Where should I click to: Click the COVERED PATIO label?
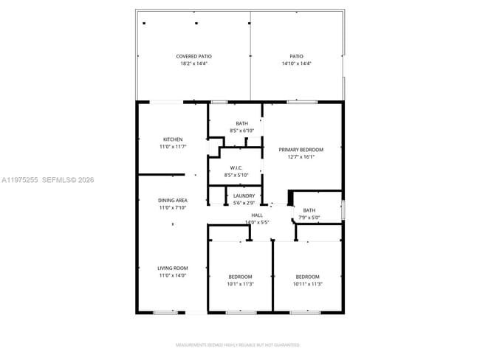[194, 56]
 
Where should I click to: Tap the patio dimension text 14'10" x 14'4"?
[296, 63]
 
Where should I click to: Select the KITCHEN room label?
[173, 139]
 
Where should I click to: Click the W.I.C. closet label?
[236, 167]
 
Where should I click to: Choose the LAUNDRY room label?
[244, 195]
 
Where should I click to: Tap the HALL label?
[257, 215]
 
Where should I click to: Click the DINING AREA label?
[172, 201]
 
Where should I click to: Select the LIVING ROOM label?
[172, 268]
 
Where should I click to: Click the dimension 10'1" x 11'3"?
[240, 284]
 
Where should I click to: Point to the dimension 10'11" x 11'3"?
[307, 284]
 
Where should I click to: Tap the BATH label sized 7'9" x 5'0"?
[309, 210]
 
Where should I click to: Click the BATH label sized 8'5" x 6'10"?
[242, 123]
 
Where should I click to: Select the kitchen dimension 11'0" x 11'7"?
[173, 147]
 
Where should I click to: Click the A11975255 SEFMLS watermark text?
[48, 179]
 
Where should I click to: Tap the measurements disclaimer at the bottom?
[237, 345]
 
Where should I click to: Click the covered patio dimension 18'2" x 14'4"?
[194, 63]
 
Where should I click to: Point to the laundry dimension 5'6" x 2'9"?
[244, 203]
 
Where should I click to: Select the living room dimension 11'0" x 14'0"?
[172, 275]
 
